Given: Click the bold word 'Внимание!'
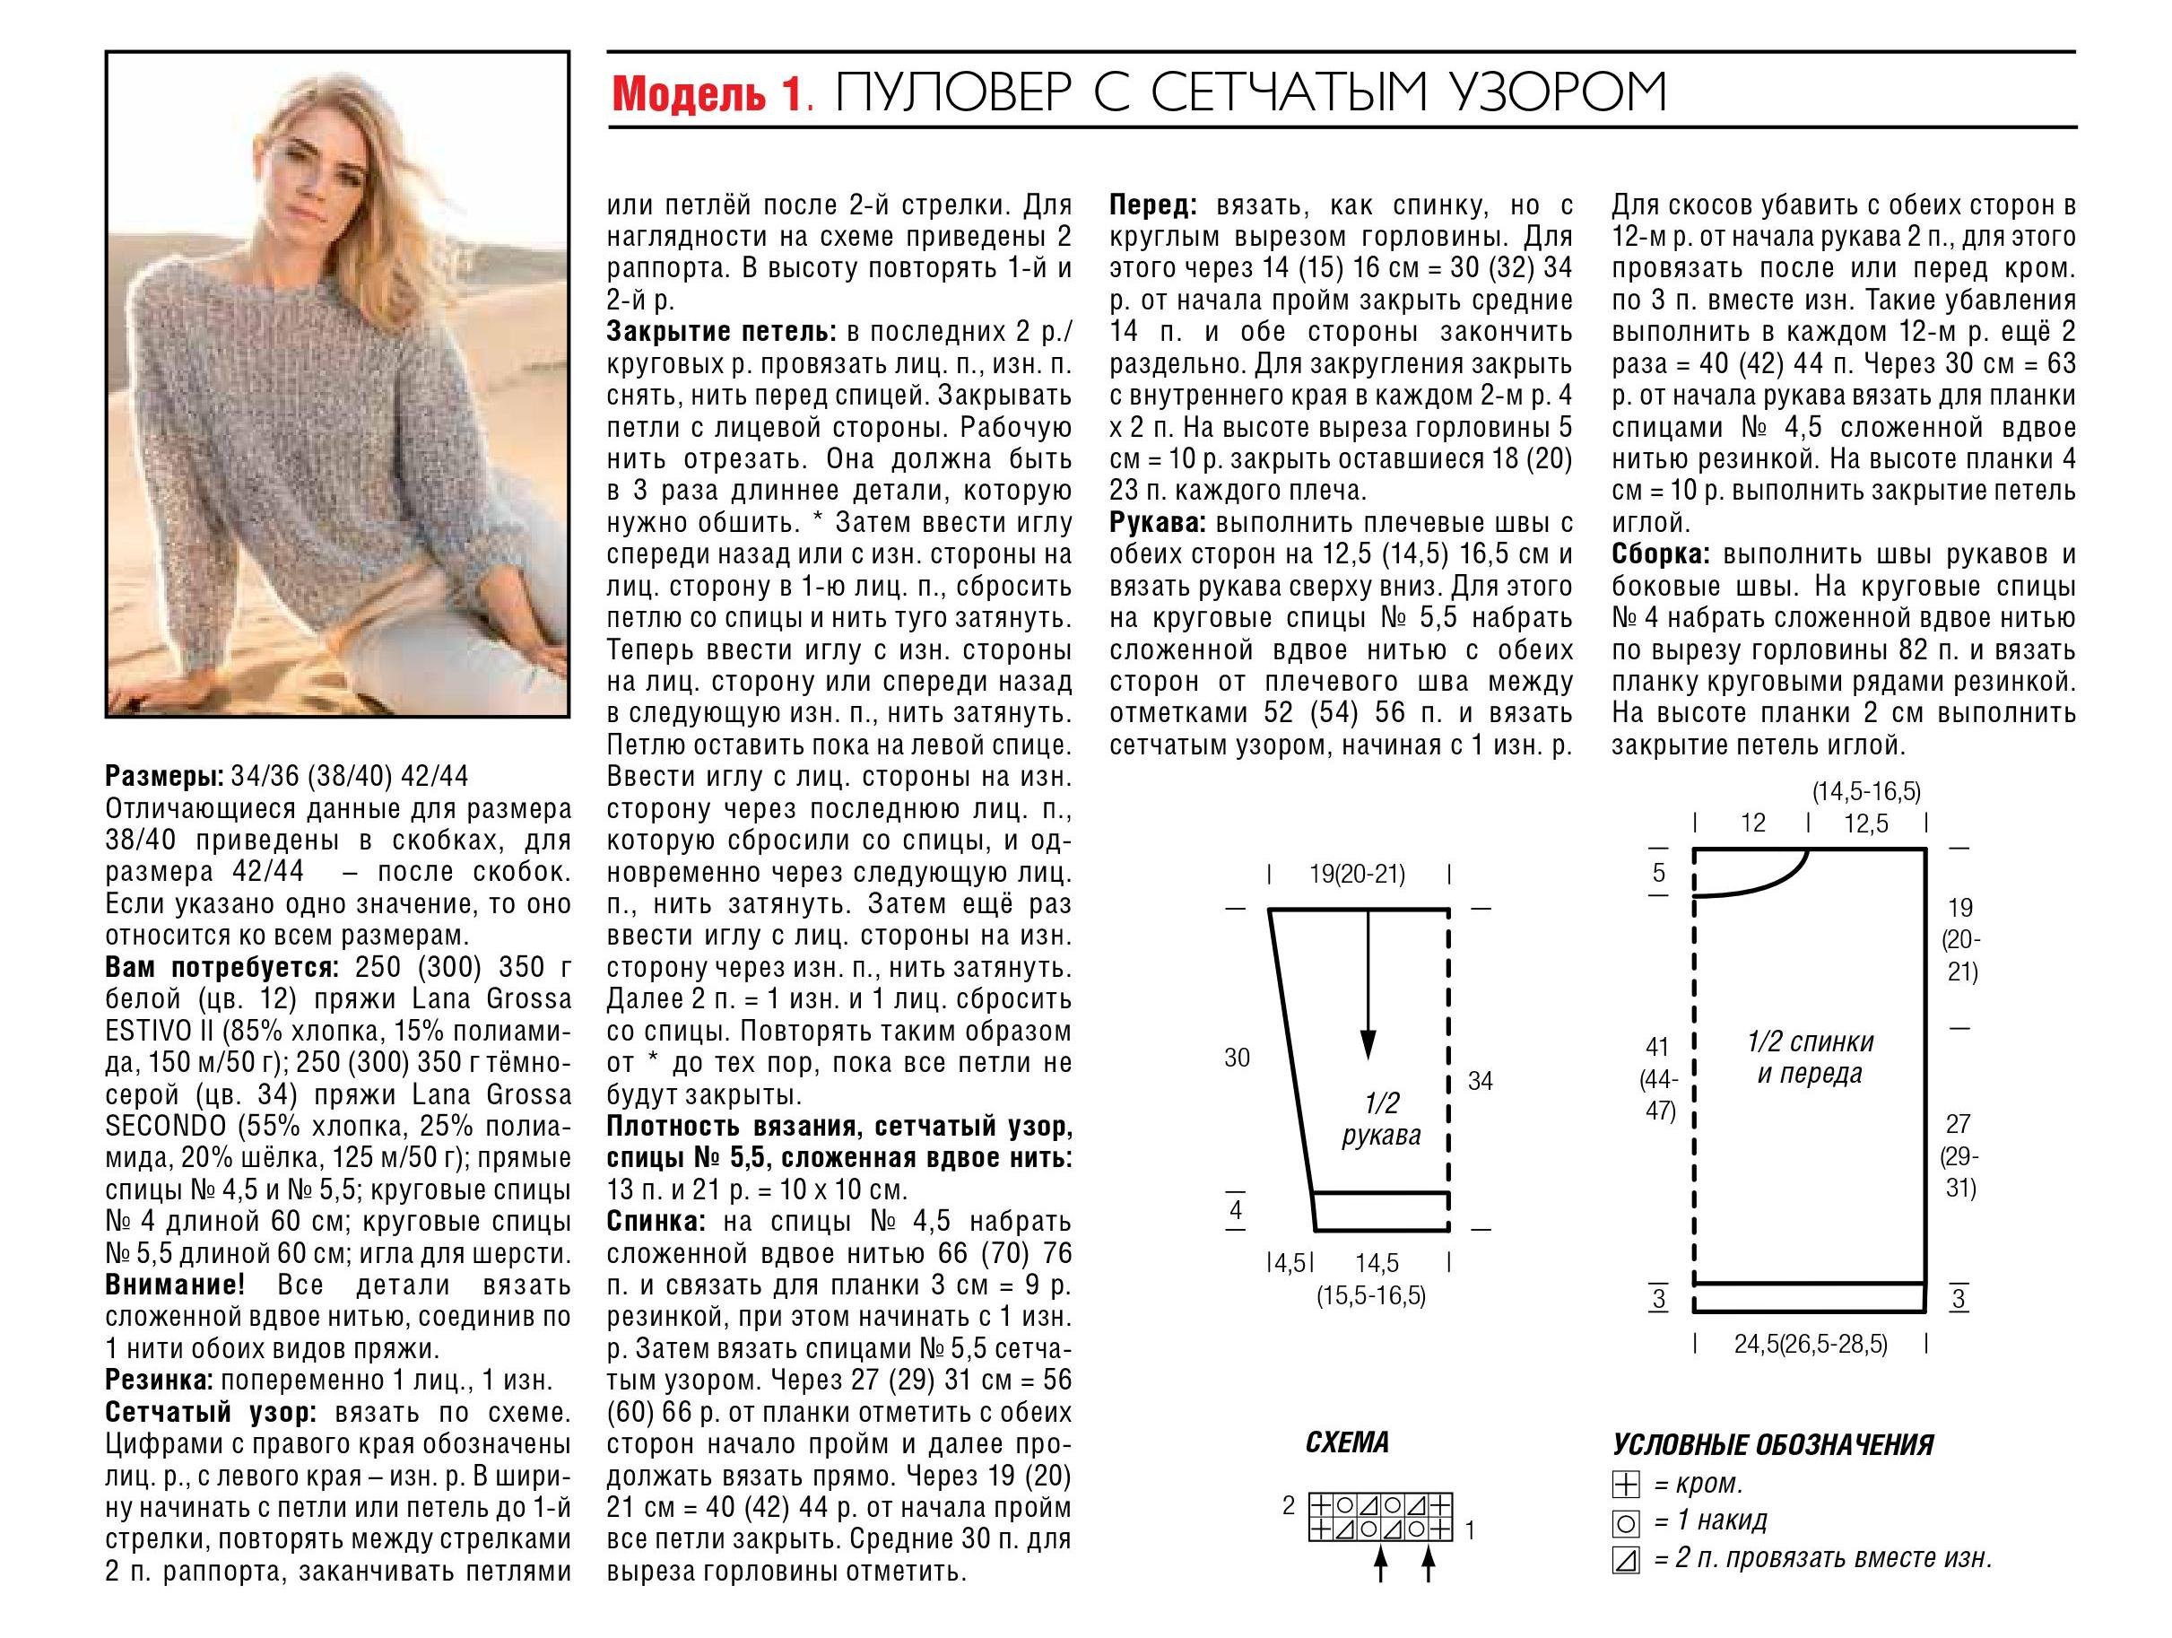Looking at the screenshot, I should click(175, 1285).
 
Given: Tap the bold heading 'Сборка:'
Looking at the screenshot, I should click(1661, 555).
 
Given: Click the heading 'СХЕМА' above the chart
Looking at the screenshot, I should click(1348, 1442).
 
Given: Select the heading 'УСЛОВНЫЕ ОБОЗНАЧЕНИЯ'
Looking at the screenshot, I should click(1773, 1444).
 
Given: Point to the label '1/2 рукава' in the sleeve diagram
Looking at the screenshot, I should click(1380, 1120).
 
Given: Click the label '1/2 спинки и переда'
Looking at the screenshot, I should click(1810, 1057).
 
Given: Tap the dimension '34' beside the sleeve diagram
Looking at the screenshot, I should click(1480, 1081).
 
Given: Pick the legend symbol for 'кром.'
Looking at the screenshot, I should click(1625, 1485).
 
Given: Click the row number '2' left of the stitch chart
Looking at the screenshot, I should click(1290, 1505).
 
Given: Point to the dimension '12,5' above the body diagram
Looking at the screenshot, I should click(1865, 823).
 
